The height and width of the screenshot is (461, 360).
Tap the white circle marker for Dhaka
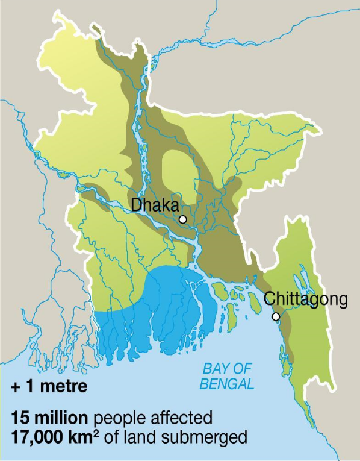point(183,219)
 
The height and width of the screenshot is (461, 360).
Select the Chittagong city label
point(306,298)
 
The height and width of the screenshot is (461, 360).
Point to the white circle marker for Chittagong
point(276,316)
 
